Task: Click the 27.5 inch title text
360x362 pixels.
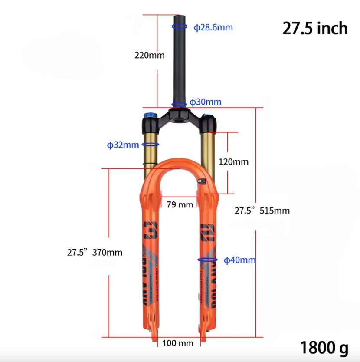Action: (315, 28)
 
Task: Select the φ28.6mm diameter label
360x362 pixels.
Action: (213, 27)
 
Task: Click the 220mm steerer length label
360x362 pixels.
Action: (150, 55)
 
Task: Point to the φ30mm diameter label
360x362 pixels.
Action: (205, 102)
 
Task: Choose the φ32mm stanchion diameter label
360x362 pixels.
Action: (123, 145)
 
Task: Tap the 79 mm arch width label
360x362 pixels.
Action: (180, 204)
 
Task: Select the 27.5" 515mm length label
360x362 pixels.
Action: (262, 211)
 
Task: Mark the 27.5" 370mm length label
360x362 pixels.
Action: (95, 252)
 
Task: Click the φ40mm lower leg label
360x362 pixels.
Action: (239, 260)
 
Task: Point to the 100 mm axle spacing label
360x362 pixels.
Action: (178, 343)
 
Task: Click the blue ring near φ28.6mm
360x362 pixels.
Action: (180, 26)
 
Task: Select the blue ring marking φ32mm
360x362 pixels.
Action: (151, 145)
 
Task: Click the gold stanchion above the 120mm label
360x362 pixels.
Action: (208, 152)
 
